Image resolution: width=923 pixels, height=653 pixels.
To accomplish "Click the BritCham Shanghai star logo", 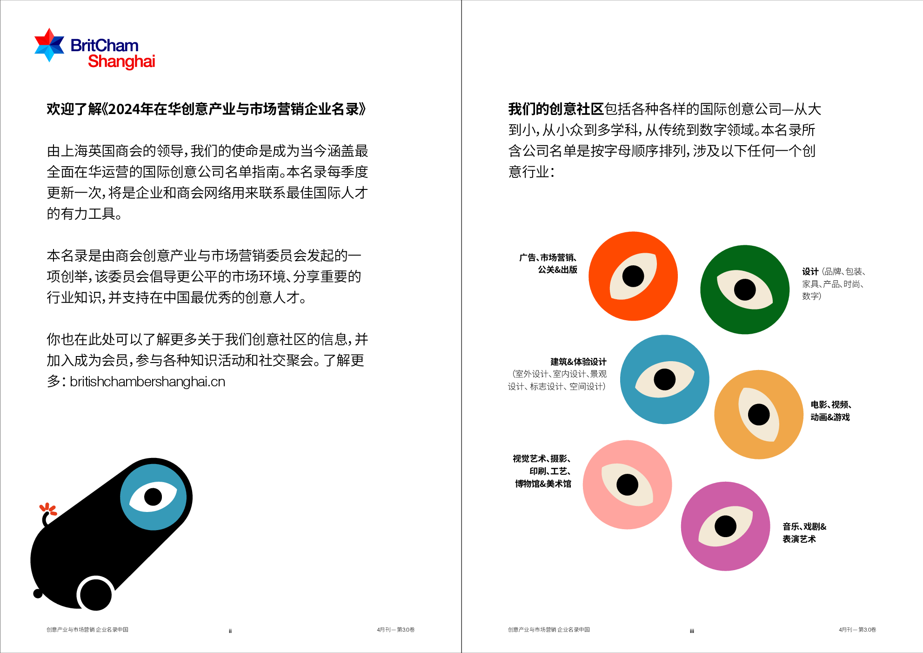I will pyautogui.click(x=49, y=45).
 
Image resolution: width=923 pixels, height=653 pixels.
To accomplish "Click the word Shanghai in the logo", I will pyautogui.click(x=121, y=61).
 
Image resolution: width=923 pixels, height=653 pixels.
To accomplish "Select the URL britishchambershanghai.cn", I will pyautogui.click(x=147, y=382).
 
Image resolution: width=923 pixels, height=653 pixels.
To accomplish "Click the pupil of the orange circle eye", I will pyautogui.click(x=633, y=276).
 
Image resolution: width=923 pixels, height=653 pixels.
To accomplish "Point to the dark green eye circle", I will pyautogui.click(x=744, y=289).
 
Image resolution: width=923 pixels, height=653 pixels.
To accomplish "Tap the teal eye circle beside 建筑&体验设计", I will pyautogui.click(x=664, y=379).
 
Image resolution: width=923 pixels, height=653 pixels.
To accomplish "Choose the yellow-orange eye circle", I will pyautogui.click(x=758, y=414).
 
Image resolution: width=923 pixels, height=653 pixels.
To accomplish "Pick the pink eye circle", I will pyautogui.click(x=627, y=485).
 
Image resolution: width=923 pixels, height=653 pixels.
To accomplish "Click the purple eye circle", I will pyautogui.click(x=725, y=526).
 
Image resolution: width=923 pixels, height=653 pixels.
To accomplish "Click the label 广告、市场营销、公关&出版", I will pyautogui.click(x=548, y=263).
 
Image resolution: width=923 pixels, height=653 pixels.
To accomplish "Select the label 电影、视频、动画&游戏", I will pyautogui.click(x=831, y=411).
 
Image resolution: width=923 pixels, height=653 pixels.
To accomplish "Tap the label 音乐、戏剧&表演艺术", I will pyautogui.click(x=804, y=533).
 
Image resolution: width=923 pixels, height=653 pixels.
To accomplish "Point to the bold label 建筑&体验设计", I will pyautogui.click(x=578, y=362).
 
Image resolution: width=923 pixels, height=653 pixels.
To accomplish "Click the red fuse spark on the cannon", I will pyautogui.click(x=48, y=509).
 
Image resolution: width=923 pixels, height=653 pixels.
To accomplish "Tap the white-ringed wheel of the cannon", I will pyautogui.click(x=96, y=594).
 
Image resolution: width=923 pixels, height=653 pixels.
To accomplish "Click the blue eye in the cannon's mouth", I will pyautogui.click(x=153, y=497).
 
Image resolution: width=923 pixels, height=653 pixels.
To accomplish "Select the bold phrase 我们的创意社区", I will pyautogui.click(x=555, y=109).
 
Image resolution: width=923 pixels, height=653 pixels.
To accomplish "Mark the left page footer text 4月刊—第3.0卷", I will pyautogui.click(x=395, y=630).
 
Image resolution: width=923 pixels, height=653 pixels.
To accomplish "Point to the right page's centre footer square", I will pyautogui.click(x=692, y=631).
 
